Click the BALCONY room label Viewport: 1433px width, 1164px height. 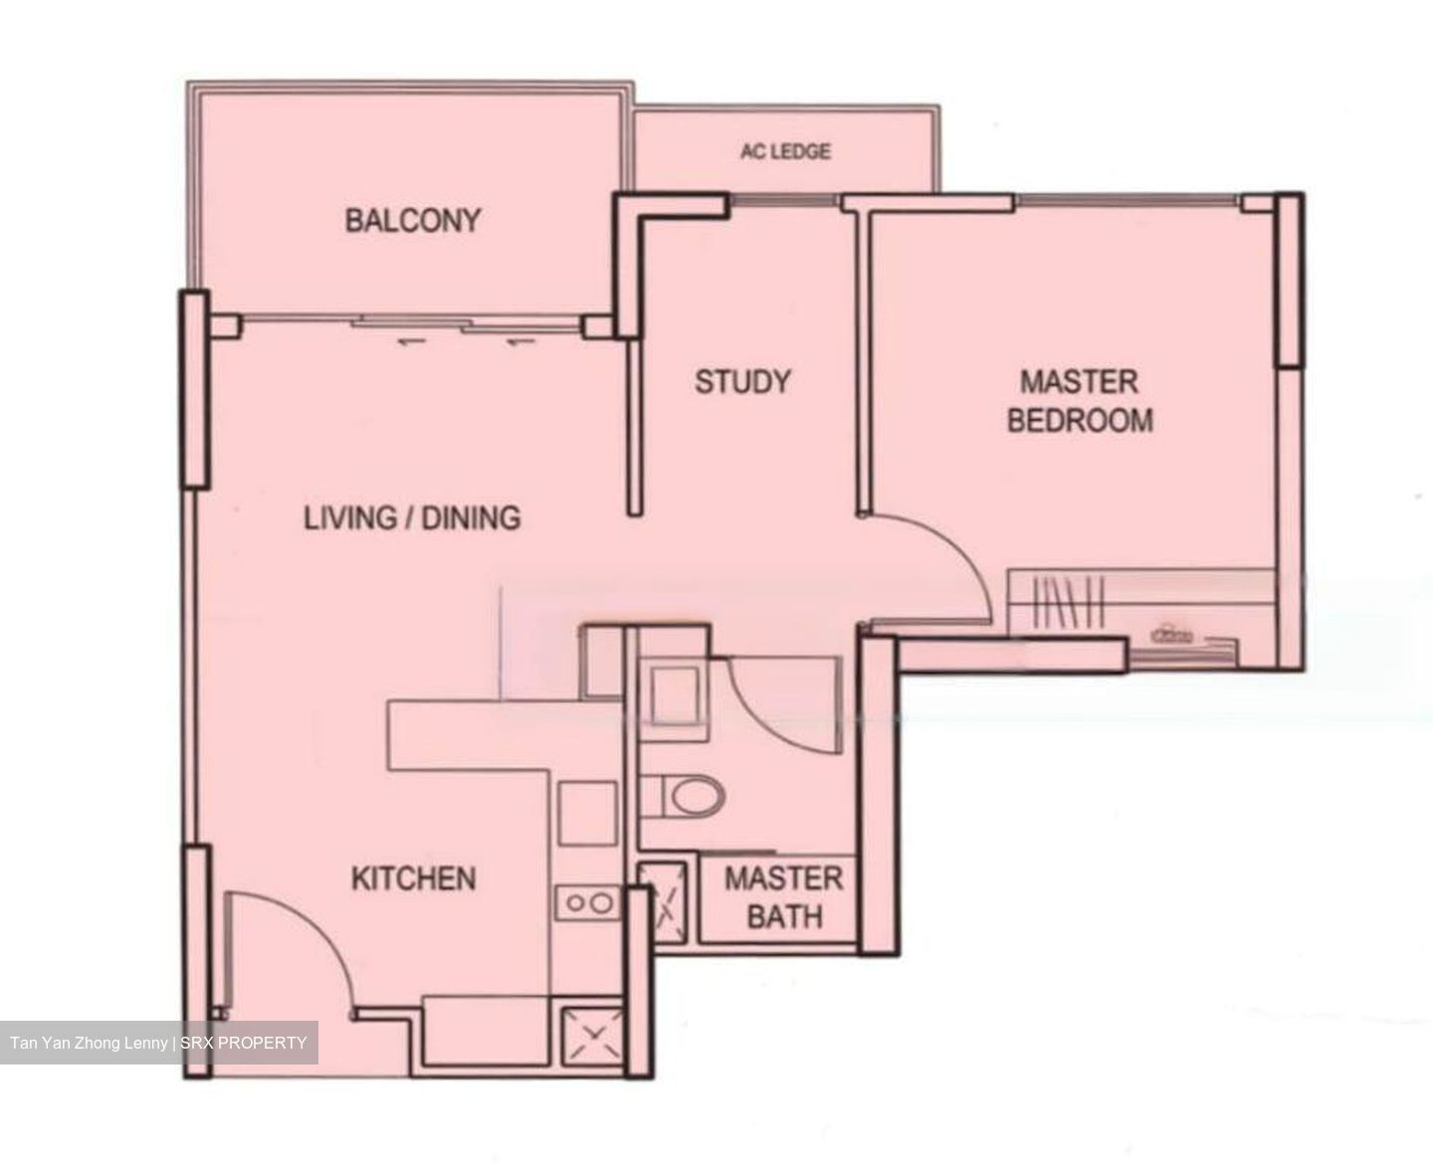(412, 220)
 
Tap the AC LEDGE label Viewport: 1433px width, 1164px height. (785, 152)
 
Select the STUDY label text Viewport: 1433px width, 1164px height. (742, 382)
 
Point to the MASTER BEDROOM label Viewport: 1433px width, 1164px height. (1080, 401)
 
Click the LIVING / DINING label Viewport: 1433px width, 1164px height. (412, 517)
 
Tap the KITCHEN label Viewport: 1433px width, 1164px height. (414, 878)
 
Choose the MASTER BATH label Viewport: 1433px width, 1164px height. (783, 896)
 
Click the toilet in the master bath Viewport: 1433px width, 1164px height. (693, 796)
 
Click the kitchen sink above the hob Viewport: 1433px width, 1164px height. (587, 813)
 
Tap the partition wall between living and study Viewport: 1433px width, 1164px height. (633, 428)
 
